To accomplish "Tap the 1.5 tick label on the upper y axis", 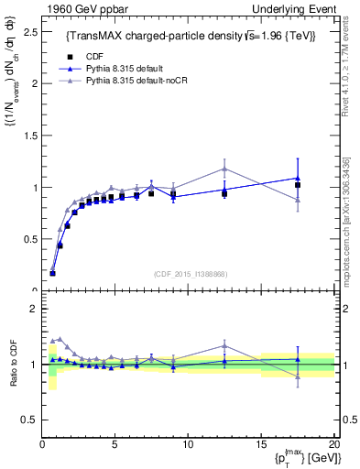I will coord(27,136).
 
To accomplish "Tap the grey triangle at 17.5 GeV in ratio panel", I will coord(298,376).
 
